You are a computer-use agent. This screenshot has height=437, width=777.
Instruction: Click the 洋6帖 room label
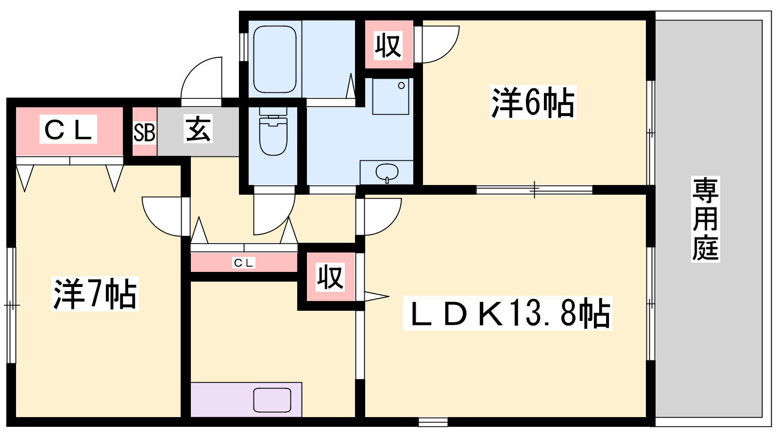(533, 102)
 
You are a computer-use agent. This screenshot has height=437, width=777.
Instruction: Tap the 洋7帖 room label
(95, 294)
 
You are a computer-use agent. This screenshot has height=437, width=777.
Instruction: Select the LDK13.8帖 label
(507, 313)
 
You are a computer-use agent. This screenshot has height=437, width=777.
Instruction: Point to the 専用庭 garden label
(705, 219)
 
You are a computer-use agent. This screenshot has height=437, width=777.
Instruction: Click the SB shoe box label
(144, 132)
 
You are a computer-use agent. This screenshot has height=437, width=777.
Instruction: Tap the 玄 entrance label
(198, 129)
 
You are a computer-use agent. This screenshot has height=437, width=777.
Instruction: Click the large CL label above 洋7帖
(68, 129)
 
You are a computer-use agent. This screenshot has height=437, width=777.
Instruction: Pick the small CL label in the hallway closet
(244, 263)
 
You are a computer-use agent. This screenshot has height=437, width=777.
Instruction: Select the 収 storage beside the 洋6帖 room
(388, 45)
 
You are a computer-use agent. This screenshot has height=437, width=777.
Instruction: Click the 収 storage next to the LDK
(331, 277)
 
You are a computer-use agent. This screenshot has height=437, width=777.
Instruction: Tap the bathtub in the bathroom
(275, 59)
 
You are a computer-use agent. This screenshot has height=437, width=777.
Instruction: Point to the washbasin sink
(387, 172)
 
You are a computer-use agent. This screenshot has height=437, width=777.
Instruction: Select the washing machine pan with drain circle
(390, 97)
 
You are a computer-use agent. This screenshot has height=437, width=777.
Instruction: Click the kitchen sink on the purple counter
(272, 400)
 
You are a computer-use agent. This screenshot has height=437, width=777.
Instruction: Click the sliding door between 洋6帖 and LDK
(534, 190)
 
